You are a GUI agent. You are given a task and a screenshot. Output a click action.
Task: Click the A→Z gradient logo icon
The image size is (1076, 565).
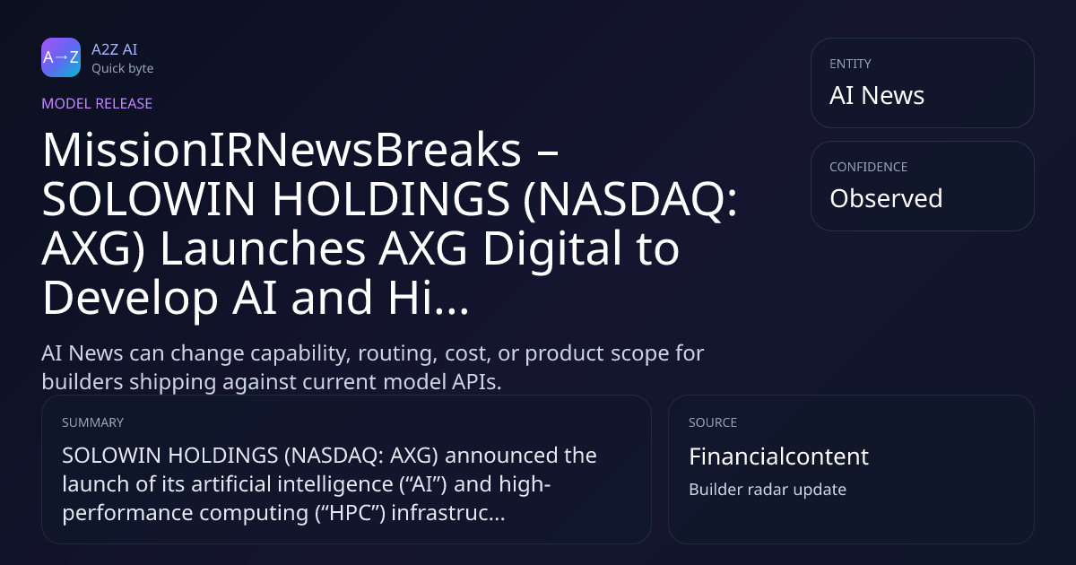click(x=61, y=57)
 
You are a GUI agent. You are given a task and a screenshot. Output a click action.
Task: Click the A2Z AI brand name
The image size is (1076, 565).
click(x=115, y=49)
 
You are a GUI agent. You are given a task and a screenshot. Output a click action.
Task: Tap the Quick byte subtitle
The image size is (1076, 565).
click(x=123, y=69)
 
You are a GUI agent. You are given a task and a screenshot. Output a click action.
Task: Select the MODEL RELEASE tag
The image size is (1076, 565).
click(x=97, y=103)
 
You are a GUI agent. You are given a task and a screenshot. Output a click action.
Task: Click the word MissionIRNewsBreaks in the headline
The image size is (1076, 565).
click(x=282, y=150)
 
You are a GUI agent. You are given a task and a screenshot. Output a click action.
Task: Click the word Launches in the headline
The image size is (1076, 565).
click(x=263, y=248)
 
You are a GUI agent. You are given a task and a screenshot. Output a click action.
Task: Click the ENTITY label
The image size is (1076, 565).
click(x=850, y=64)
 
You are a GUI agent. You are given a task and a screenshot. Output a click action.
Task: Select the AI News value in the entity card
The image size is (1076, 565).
click(x=877, y=95)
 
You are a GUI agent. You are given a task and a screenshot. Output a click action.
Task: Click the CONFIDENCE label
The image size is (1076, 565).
click(x=869, y=167)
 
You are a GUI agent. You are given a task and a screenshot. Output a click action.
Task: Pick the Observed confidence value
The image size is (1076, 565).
click(x=886, y=198)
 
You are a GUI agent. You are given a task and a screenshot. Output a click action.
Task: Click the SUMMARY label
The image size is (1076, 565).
click(x=92, y=422)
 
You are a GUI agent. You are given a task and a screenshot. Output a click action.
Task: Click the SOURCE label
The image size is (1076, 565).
click(x=713, y=422)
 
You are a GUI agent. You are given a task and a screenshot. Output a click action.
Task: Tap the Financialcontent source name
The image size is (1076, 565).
click(x=778, y=456)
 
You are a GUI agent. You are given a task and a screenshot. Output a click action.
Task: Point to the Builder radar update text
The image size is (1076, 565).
click(x=768, y=490)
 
